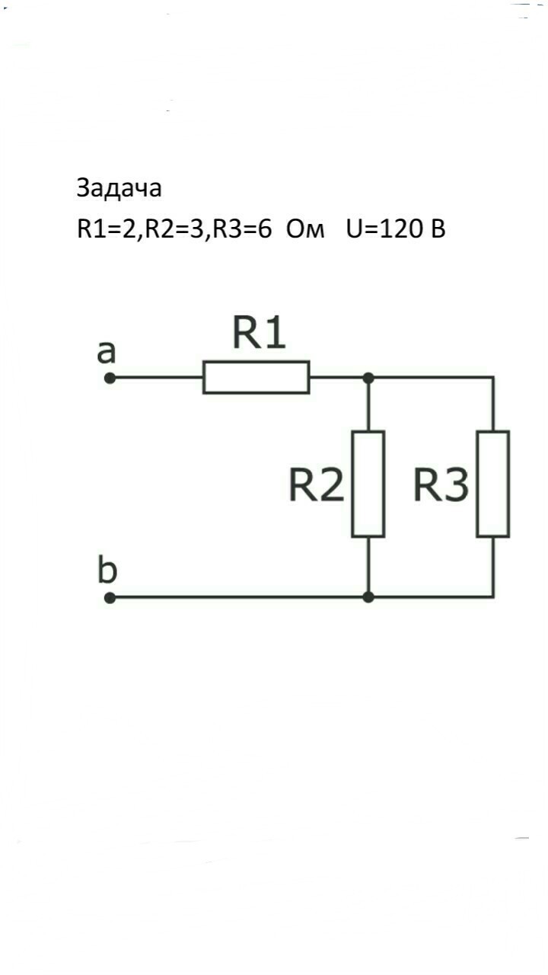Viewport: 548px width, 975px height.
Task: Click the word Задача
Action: coord(119,188)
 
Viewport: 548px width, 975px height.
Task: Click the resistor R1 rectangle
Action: coord(256,377)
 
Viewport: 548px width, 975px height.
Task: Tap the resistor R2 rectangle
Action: coord(368,484)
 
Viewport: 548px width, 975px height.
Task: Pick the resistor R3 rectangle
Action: coord(493,484)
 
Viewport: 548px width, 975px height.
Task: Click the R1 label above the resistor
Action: coord(259,334)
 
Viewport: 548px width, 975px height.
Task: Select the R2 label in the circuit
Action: coord(317,485)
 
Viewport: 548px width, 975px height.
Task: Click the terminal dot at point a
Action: coord(110,377)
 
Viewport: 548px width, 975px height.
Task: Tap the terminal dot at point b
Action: coord(110,598)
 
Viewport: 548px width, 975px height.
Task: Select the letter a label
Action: coord(107,351)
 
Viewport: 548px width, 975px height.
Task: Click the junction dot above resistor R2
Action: coord(368,377)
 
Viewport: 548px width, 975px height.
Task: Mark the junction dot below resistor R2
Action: coord(368,598)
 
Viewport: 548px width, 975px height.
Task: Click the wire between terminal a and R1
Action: coord(157,377)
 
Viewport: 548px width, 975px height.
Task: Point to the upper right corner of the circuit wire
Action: coord(493,377)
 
